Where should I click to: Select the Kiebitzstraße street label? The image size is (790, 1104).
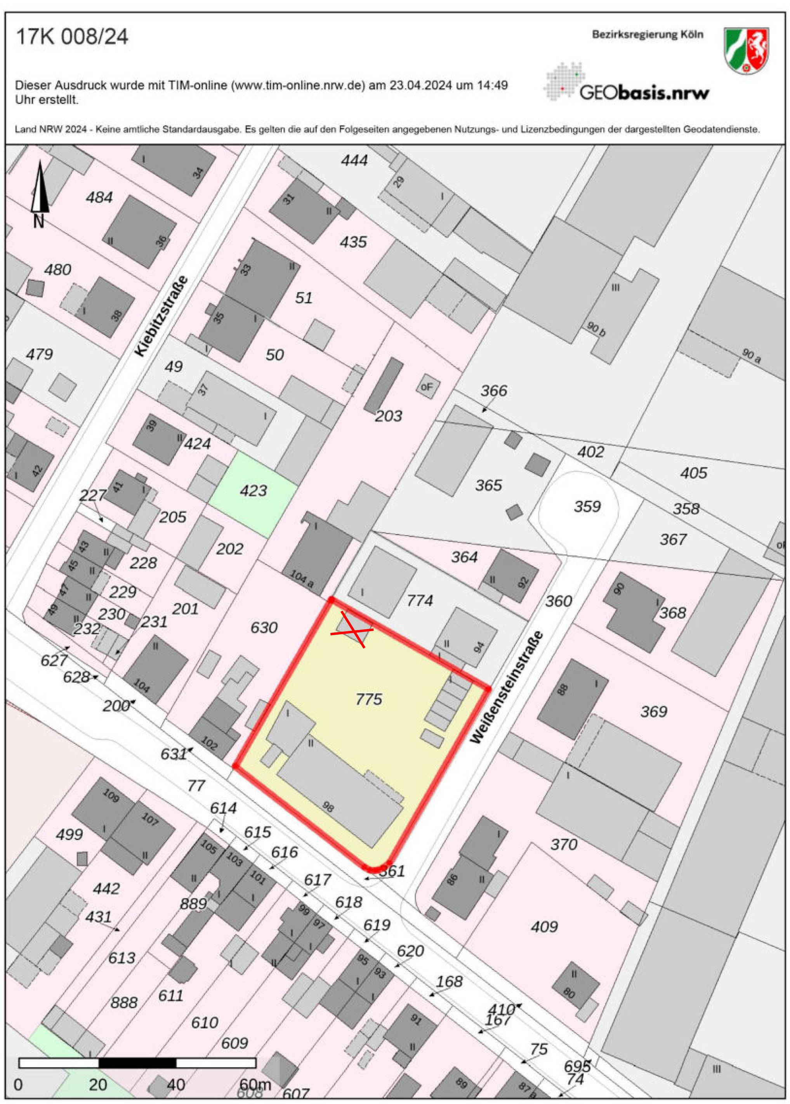click(162, 316)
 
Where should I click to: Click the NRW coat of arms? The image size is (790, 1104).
click(746, 50)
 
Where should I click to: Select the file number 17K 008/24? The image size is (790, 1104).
click(72, 37)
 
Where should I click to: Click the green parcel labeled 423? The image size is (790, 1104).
click(253, 491)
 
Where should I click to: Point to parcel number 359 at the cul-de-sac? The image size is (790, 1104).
click(587, 507)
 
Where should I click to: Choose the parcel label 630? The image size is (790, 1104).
click(264, 628)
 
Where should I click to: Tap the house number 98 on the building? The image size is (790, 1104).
click(329, 807)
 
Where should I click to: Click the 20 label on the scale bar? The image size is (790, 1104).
click(98, 1085)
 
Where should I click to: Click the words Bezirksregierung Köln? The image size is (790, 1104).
click(647, 35)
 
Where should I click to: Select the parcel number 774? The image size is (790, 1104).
click(420, 601)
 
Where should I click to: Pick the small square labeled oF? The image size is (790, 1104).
click(427, 387)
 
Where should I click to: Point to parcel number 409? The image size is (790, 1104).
click(544, 927)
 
